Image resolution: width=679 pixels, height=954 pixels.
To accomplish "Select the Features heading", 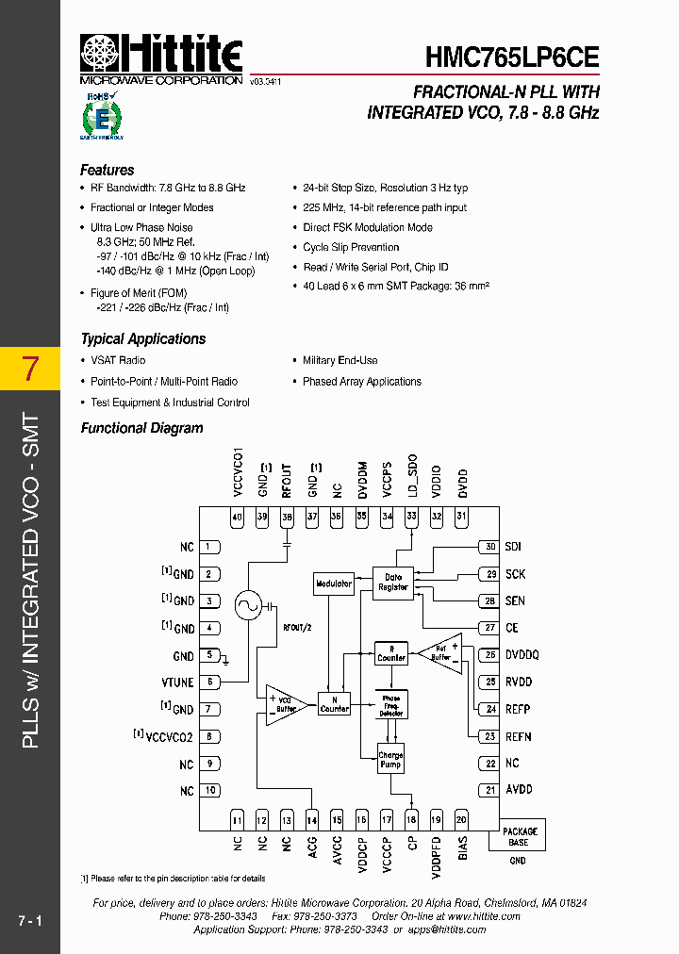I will (108, 171).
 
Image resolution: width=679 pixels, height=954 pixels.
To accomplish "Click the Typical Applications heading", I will (143, 339).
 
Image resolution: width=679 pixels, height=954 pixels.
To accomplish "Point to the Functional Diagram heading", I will (141, 428).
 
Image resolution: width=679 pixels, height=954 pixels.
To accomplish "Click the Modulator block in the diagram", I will (334, 584).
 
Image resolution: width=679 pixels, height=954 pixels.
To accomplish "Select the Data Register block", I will (393, 582).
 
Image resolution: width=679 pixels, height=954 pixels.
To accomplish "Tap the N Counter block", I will (334, 704).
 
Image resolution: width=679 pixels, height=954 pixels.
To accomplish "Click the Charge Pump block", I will (390, 760).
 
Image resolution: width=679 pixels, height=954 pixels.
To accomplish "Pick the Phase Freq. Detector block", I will (391, 706).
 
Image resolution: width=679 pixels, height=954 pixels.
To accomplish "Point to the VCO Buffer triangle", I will (285, 704).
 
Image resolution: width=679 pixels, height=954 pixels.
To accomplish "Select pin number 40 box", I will (237, 516).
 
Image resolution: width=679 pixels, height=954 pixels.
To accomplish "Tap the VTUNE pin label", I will (178, 682).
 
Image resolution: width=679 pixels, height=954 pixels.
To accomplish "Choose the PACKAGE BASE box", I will (519, 836).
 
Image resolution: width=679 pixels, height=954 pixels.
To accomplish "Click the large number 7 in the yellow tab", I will (29, 369).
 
